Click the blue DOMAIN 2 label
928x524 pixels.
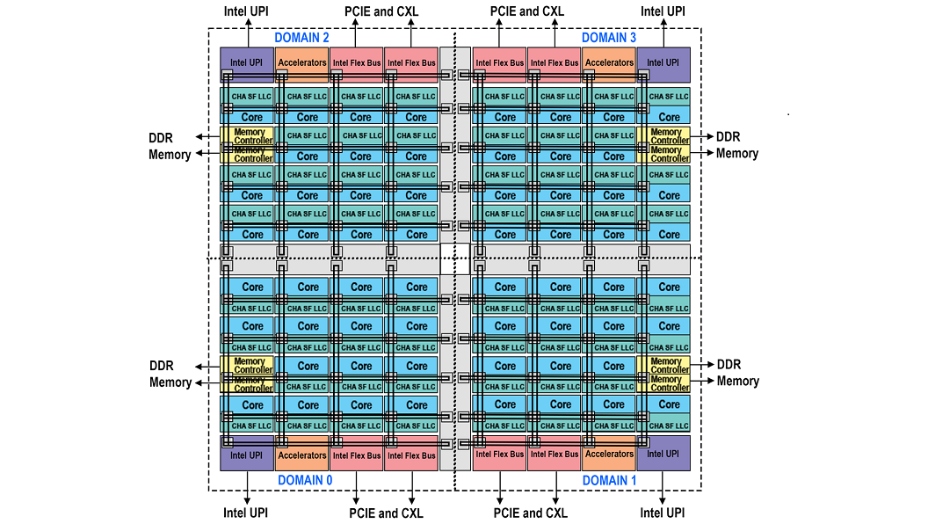(x=301, y=38)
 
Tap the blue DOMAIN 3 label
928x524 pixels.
(x=609, y=38)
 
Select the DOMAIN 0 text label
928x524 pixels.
(x=305, y=480)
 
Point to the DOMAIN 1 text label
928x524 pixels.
(x=609, y=480)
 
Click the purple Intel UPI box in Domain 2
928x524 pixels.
(x=246, y=64)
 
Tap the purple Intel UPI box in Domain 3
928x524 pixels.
(x=663, y=64)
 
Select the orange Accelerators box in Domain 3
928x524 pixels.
(x=609, y=62)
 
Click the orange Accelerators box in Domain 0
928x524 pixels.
(x=301, y=455)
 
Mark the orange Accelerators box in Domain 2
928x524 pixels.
(x=301, y=62)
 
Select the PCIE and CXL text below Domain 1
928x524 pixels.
(x=530, y=513)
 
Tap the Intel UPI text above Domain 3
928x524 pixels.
(x=663, y=11)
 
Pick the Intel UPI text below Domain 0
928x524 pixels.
(x=245, y=513)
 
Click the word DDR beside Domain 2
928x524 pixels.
(x=161, y=137)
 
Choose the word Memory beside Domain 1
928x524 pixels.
(x=737, y=382)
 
